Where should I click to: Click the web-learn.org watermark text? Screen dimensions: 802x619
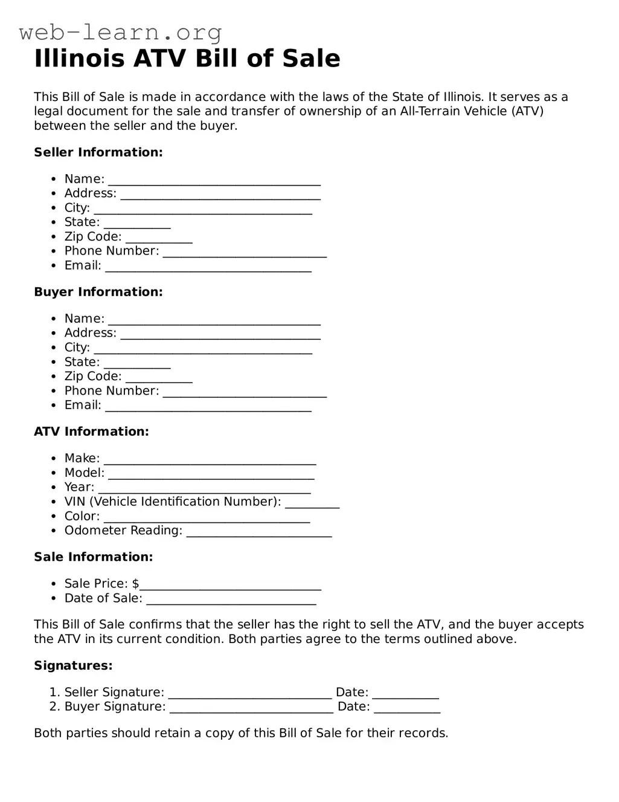(x=120, y=31)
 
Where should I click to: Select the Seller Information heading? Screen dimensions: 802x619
(x=98, y=152)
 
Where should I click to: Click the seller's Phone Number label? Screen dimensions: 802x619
(x=112, y=251)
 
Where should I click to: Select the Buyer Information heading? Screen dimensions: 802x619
(x=98, y=292)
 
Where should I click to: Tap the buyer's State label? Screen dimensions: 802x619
(x=82, y=362)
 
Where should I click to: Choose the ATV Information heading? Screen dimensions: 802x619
(x=91, y=432)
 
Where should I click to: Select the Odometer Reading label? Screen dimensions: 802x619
(x=123, y=531)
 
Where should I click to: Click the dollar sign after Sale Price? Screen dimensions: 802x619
(x=136, y=584)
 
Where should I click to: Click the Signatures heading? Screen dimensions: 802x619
(x=73, y=665)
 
